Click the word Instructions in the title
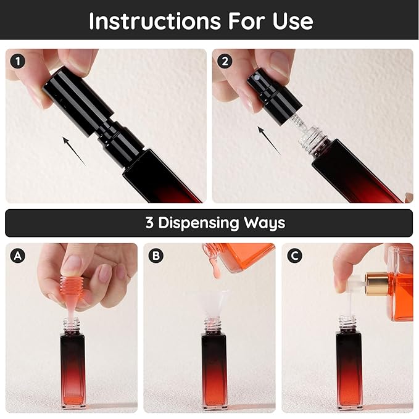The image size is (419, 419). coord(155,21)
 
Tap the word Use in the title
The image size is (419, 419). coord(292,21)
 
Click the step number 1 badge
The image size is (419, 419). coord(18,62)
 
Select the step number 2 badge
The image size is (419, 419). coord(225,62)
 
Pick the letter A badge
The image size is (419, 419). coord(18,255)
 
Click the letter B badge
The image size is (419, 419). coord(156,255)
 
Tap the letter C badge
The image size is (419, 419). coord(294,255)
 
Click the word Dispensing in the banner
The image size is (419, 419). coord(199,223)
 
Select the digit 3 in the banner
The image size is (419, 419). coord(149,222)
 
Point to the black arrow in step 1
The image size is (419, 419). coord(74,151)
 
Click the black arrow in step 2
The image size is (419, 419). coord(269,141)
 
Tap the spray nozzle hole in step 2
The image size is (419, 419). coord(257,78)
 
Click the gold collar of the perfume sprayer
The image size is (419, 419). coord(377,284)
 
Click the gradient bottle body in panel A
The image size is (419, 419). coord(73,371)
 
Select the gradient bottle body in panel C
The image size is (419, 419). coord(349,371)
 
